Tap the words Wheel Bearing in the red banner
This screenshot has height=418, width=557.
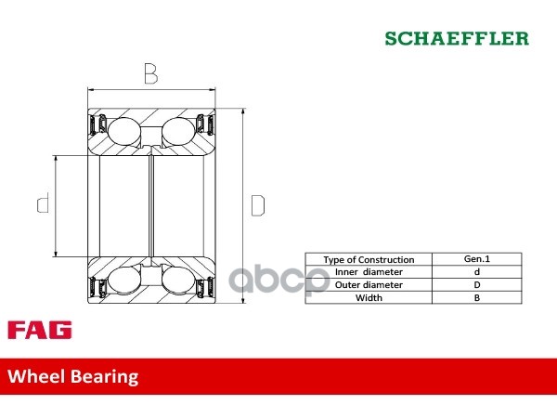73,376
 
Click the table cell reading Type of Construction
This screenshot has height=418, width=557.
369,259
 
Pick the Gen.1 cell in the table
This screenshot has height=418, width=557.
477,259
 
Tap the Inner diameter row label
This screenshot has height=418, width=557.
369,272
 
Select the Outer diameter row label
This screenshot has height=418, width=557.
369,285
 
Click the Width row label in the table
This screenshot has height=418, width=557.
369,298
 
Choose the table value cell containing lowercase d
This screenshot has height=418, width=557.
477,272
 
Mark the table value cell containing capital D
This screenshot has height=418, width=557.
477,285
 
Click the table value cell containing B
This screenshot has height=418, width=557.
477,298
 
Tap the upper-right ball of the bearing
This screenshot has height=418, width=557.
175,129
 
